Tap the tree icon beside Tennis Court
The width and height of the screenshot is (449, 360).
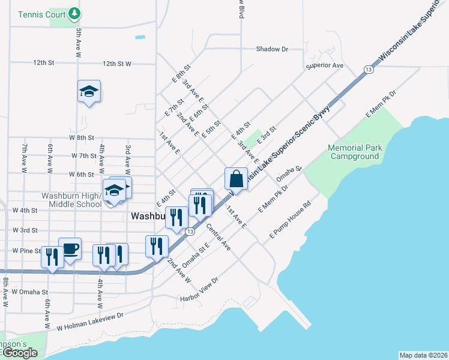(73, 13)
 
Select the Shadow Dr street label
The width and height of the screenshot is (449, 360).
(272, 49)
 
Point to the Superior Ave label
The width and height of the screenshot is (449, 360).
(324, 65)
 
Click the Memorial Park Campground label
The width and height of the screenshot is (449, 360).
(354, 152)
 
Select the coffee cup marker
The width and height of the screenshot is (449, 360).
(70, 248)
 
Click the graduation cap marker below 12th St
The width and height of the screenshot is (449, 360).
(89, 92)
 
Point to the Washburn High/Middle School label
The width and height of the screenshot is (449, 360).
(71, 200)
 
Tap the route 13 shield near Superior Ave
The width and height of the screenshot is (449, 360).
(369, 70)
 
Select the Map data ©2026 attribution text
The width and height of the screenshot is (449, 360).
(423, 355)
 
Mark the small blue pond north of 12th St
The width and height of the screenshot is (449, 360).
(140, 37)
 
